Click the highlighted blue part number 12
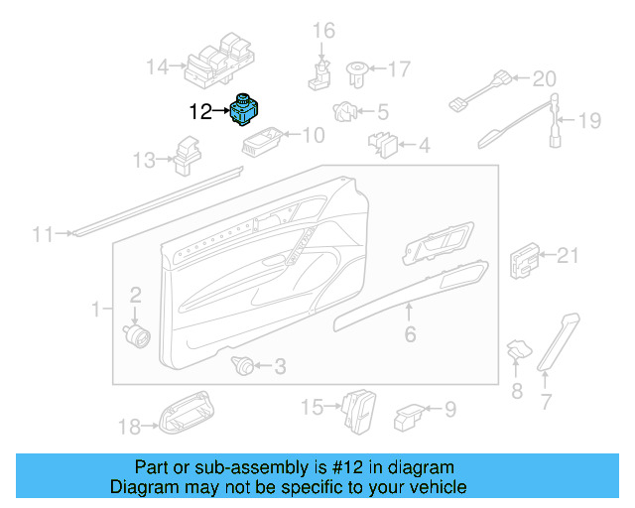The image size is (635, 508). (x=245, y=110)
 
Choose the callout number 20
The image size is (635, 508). (x=546, y=77)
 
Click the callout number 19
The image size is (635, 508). (x=589, y=121)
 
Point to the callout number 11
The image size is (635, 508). (x=42, y=235)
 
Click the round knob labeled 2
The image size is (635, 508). (x=136, y=331)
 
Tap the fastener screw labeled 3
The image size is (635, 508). (x=241, y=364)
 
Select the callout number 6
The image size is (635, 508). (x=410, y=334)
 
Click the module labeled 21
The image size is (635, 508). (x=524, y=260)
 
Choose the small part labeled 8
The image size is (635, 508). (x=517, y=349)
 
